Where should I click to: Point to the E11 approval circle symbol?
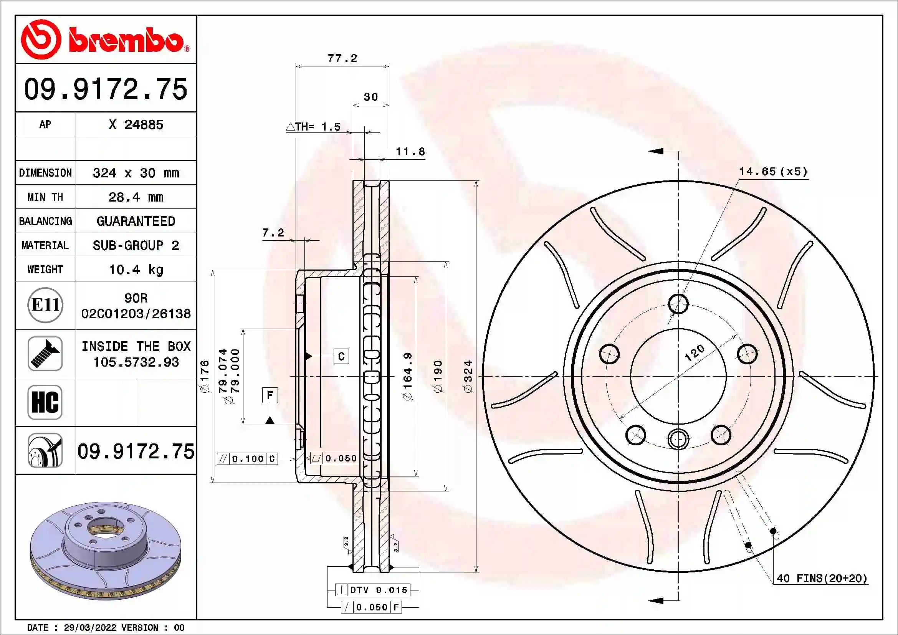[45, 305]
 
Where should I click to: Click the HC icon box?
[45, 402]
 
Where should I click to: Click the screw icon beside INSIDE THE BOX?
[45, 354]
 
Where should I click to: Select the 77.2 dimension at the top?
[342, 58]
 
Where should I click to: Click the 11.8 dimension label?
[410, 152]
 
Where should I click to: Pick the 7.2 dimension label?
[273, 233]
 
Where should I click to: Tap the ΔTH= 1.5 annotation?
[314, 127]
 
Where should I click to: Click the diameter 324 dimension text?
[468, 376]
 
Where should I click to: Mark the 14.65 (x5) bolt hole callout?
[773, 172]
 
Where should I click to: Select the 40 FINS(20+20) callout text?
[822, 578]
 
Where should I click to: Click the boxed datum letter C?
[341, 356]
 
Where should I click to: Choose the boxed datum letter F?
[270, 395]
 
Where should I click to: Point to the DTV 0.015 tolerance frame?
[373, 590]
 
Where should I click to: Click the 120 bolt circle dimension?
[694, 352]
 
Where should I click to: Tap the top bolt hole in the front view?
[678, 304]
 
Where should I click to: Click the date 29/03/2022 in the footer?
[90, 628]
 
